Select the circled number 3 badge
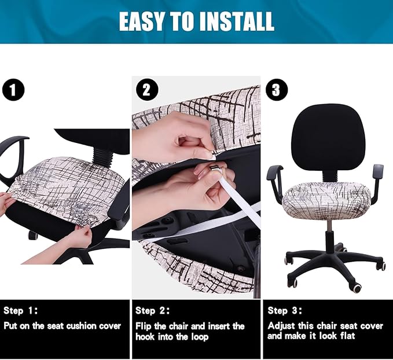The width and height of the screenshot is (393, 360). coord(276,90)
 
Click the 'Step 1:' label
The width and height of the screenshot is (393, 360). coord(23,311)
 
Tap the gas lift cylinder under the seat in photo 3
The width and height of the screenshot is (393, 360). coord(328,228)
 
